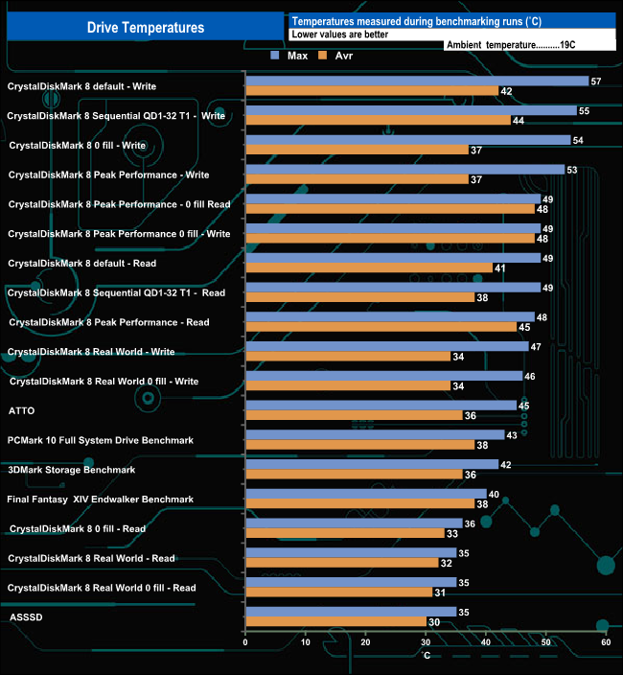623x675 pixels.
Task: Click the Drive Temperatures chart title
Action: point(146,28)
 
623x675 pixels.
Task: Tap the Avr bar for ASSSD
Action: point(335,621)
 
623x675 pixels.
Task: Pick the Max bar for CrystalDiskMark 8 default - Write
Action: point(416,81)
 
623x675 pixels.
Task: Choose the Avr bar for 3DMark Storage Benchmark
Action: point(354,474)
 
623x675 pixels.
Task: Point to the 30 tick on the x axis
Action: point(427,642)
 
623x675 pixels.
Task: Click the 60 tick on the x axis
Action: point(606,642)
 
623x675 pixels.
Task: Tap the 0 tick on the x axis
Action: point(246,642)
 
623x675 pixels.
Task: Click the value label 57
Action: point(596,81)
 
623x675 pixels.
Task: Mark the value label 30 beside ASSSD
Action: point(433,621)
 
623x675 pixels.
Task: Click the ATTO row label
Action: point(21,410)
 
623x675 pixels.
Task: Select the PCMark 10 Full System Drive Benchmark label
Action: point(100,440)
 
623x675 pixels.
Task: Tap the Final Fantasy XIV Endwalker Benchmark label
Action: point(100,499)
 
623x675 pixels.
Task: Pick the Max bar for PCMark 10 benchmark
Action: point(375,434)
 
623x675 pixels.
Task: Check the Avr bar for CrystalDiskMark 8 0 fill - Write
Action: point(357,150)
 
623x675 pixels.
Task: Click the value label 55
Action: point(584,111)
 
